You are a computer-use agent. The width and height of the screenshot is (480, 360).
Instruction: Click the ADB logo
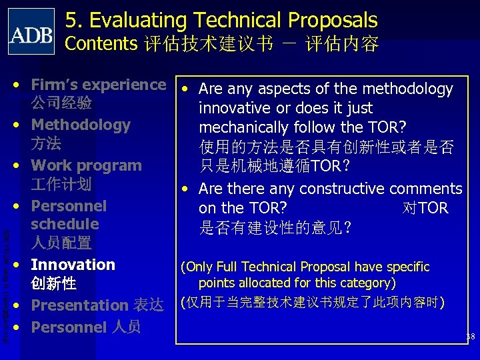click(31, 31)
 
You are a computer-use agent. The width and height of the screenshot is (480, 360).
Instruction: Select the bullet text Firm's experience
click(98, 85)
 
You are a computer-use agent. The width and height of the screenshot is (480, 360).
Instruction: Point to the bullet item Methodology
click(81, 125)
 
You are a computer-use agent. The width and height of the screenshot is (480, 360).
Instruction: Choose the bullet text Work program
click(87, 165)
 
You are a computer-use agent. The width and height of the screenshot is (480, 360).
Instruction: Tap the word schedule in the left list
click(65, 224)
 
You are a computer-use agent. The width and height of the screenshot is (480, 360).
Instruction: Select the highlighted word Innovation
click(73, 265)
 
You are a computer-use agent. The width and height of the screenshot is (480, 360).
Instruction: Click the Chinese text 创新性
click(53, 283)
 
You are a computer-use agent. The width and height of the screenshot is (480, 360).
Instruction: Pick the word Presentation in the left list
click(79, 305)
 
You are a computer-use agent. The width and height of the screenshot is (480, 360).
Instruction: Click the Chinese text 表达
click(148, 305)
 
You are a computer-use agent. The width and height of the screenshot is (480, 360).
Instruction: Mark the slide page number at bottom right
click(470, 337)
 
